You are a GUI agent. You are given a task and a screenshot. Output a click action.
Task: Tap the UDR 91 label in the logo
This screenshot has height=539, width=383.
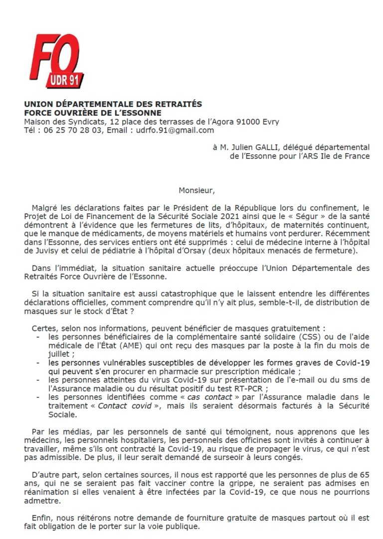tap(65, 80)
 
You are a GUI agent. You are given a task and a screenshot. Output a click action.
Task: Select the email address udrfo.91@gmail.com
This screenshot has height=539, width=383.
tap(175, 130)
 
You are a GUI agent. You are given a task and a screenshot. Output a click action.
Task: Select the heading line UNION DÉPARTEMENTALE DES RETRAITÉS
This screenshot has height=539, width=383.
tap(113, 104)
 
